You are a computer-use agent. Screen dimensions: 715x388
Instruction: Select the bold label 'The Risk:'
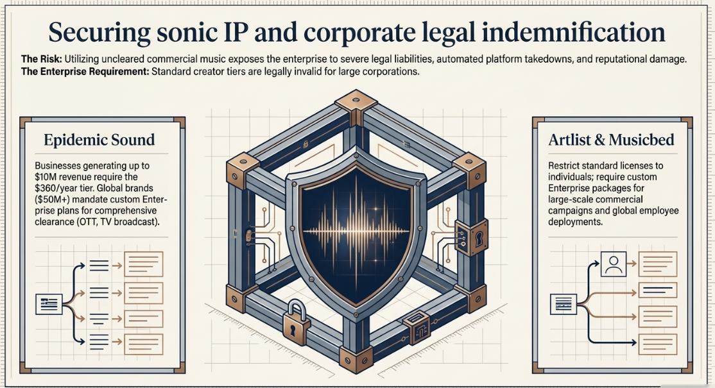[42, 59]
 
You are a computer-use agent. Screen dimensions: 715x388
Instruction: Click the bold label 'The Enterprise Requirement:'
[85, 71]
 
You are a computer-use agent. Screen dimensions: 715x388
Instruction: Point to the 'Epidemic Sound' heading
[99, 140]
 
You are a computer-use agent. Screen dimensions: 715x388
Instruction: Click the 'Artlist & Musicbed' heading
[611, 140]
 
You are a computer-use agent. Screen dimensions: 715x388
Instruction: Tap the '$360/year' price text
[55, 188]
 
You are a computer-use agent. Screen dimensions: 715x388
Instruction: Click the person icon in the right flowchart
[614, 264]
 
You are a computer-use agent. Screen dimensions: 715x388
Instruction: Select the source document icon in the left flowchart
[49, 304]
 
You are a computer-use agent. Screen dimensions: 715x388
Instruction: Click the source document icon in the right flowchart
[564, 304]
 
